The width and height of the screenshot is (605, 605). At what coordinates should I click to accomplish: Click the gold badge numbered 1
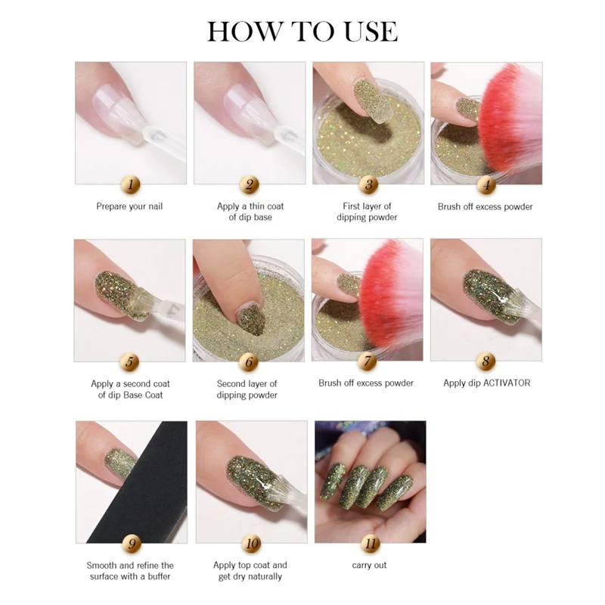tap(130, 185)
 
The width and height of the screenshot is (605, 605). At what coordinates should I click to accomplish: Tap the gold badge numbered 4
tap(486, 185)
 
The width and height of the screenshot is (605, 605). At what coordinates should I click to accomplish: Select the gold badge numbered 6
tap(249, 362)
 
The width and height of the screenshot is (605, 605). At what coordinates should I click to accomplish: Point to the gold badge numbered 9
tap(132, 544)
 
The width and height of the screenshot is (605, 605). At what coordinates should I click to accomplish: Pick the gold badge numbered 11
tap(371, 544)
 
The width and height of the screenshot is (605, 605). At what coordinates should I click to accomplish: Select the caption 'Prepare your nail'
tap(129, 206)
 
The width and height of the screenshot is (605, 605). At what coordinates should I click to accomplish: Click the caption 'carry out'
tap(369, 565)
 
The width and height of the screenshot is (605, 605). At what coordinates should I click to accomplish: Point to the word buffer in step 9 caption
tap(159, 576)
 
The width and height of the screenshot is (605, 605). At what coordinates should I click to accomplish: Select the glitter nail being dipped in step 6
tap(250, 319)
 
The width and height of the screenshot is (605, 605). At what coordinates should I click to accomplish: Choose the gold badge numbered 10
tap(252, 544)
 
